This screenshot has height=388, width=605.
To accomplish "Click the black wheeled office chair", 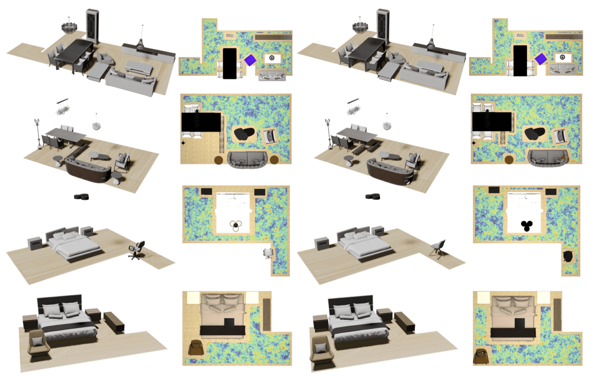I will coord(137,249).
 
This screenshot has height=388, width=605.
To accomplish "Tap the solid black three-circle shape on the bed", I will coord(527,225).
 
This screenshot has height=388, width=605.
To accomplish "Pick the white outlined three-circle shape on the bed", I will coord(236,225).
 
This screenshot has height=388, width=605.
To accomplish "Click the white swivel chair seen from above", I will coord(268,253).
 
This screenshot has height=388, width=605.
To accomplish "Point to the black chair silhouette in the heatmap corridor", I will coord(568,256).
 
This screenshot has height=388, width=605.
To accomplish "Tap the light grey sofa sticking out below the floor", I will coord(272,76).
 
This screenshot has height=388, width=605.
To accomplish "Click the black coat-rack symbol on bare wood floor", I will coord(183,143).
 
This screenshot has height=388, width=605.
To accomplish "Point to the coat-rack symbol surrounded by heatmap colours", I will coord(474,143).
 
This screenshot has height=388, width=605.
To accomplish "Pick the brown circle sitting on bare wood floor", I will coord(218,160).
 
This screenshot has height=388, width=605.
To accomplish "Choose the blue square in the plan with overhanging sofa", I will coord(250,60).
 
